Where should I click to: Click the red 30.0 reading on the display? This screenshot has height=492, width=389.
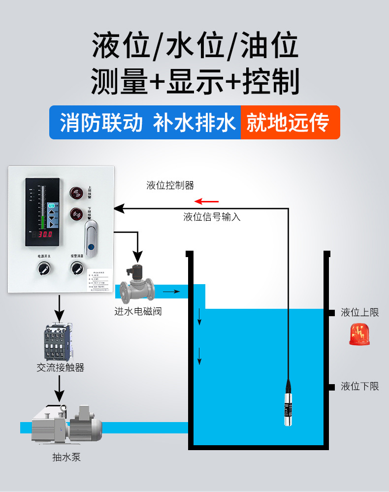pos(45,234)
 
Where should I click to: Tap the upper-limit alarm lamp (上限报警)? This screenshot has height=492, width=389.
pos(76,193)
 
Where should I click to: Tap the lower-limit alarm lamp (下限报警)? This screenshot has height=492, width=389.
pos(76,214)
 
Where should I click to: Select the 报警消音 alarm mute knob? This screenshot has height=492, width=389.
pos(77,268)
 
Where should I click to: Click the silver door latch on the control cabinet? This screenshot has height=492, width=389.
pos(92,237)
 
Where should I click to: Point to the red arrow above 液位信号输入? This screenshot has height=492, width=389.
pos(206,201)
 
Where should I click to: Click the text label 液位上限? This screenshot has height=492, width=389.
pos(360,313)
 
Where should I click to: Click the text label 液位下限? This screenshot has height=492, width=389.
pos(360,387)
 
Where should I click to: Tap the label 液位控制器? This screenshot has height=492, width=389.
pos(170,185)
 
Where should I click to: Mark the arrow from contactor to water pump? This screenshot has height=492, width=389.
pos(59,389)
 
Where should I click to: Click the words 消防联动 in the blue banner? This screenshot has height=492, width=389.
pos(101,123)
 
